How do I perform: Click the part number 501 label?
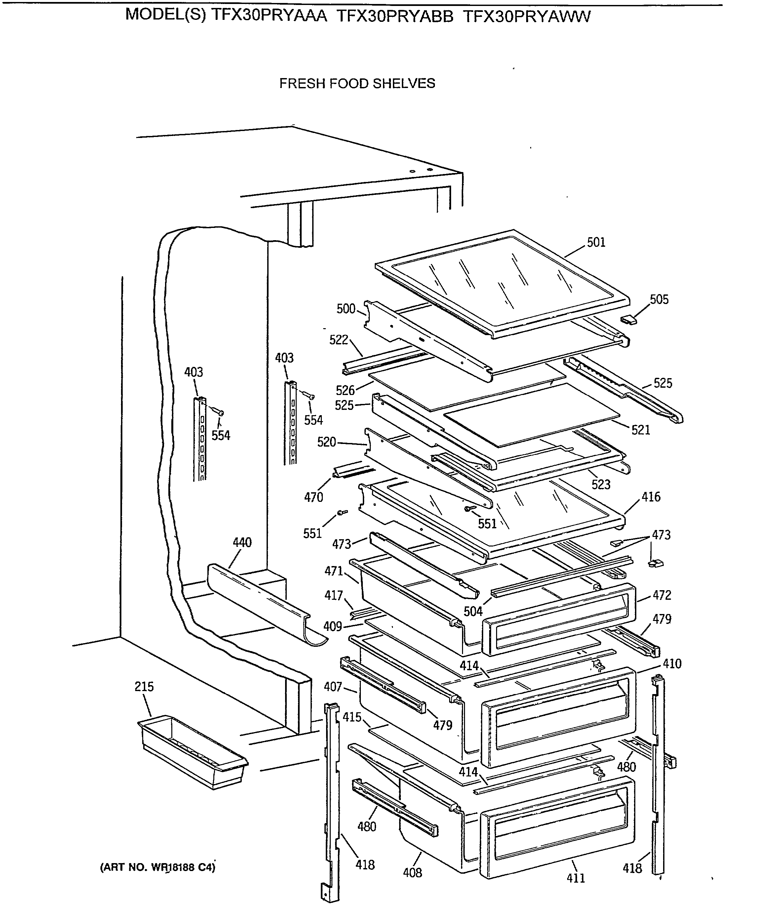pos(596,242)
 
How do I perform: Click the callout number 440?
pos(242,543)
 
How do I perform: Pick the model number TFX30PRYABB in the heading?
pos(395,17)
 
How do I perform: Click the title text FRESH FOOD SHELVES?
pos(357,83)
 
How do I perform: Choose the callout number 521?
pos(641,430)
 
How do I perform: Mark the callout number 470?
pos(314,497)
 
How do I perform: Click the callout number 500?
pos(346,309)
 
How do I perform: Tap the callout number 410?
pos(672,664)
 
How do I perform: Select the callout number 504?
pos(473,611)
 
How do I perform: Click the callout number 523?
pos(601,484)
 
